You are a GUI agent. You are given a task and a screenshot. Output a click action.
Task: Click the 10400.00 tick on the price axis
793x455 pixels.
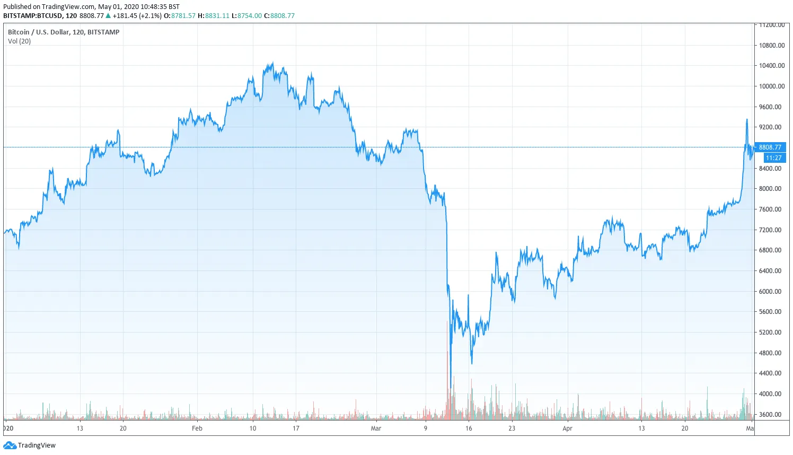(x=771, y=66)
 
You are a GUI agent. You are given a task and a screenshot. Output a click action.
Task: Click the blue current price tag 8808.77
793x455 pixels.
(x=770, y=147)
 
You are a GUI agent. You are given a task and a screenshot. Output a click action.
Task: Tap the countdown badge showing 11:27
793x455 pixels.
(x=773, y=158)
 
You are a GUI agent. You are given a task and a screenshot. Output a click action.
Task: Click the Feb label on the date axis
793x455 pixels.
(x=197, y=428)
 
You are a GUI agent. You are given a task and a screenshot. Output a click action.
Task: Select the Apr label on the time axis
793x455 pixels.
(x=567, y=428)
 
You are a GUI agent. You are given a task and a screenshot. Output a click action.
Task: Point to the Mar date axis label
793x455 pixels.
(x=376, y=428)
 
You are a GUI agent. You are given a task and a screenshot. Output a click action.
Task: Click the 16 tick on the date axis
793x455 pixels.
(x=469, y=428)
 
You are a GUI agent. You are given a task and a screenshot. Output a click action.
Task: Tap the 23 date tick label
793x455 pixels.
(x=512, y=428)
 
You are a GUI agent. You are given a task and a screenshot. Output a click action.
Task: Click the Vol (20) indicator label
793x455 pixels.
(x=19, y=41)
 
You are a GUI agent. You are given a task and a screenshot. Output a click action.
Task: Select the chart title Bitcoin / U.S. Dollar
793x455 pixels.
(x=64, y=32)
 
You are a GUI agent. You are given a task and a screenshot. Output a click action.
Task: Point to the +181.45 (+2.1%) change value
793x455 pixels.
(x=137, y=16)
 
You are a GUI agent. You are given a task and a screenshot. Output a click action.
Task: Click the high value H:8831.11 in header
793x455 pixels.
(x=213, y=16)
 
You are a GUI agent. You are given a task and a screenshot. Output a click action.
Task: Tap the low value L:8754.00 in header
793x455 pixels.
(x=246, y=16)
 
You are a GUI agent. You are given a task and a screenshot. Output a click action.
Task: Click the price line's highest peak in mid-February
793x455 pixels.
(x=272, y=63)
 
